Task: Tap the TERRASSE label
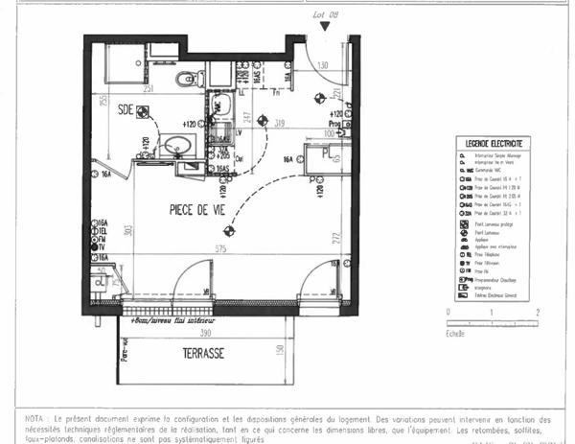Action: (x=203, y=353)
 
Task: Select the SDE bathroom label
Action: (x=125, y=110)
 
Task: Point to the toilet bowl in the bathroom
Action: (x=189, y=78)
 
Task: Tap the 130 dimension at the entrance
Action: (x=323, y=65)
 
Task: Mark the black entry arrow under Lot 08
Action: (x=327, y=27)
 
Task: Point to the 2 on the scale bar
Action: (x=537, y=313)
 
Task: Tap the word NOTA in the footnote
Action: (x=37, y=419)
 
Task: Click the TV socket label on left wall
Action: (x=102, y=246)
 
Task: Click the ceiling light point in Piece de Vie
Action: (x=228, y=230)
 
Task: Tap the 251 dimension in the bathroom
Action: (x=148, y=88)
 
